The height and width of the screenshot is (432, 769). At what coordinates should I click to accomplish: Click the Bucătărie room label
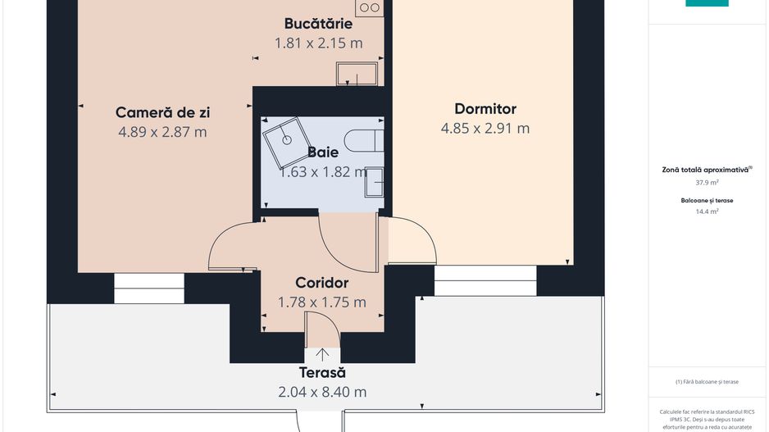point(318,24)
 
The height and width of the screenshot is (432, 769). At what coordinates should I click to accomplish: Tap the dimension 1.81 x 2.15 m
point(318,43)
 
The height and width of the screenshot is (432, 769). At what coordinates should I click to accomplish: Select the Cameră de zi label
point(162,112)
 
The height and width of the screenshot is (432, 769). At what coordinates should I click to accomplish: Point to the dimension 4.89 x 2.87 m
point(162,132)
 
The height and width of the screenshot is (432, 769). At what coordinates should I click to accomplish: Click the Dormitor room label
point(485,109)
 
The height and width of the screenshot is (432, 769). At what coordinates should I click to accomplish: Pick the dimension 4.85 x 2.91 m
point(485,129)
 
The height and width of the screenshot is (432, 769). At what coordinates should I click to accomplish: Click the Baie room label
point(323,152)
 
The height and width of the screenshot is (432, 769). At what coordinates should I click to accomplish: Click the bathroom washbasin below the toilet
point(374,180)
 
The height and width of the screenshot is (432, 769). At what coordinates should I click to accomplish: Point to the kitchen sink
point(357,74)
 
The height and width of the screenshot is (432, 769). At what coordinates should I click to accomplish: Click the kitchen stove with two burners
point(370,7)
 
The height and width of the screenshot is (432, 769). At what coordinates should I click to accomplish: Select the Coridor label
point(322,283)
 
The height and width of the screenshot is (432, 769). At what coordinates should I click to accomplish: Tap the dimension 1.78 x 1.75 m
point(322,302)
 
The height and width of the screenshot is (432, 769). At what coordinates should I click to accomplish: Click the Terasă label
point(322,373)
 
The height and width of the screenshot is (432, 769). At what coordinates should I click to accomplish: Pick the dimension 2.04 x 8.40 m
point(322,392)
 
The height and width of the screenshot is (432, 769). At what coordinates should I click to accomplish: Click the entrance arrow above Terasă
point(323,354)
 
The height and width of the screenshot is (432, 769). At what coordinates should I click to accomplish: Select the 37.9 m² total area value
point(707,184)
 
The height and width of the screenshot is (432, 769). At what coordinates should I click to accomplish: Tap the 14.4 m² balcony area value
point(707,211)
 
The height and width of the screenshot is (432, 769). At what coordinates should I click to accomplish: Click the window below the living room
point(149,289)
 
